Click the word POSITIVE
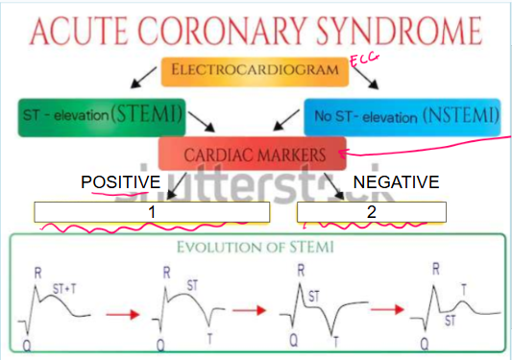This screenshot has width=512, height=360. pyautogui.click(x=120, y=181)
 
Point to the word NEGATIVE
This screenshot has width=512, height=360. pyautogui.click(x=396, y=181)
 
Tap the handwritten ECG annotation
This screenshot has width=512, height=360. pyautogui.click(x=363, y=60)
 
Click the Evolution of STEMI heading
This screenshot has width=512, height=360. pyautogui.click(x=259, y=247)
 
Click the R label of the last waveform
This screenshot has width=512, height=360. pyautogui.click(x=436, y=271)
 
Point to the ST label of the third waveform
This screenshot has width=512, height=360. pyautogui.click(x=314, y=297)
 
